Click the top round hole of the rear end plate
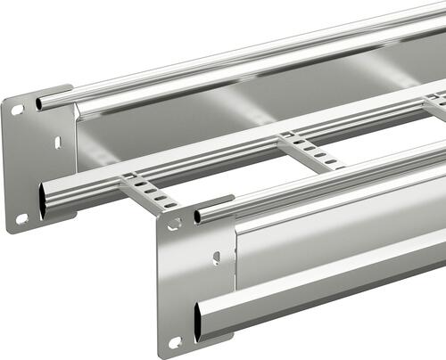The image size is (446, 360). (16, 110)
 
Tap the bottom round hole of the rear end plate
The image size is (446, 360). (21, 218)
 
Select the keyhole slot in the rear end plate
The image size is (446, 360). (57, 142)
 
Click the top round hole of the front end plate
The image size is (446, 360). (174, 224)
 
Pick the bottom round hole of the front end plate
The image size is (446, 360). (176, 341)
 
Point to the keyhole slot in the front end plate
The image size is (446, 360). (216, 258)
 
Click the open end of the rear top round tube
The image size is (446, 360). (40, 104)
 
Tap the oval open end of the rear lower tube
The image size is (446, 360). (44, 200)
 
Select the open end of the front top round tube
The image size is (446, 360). (198, 217)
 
